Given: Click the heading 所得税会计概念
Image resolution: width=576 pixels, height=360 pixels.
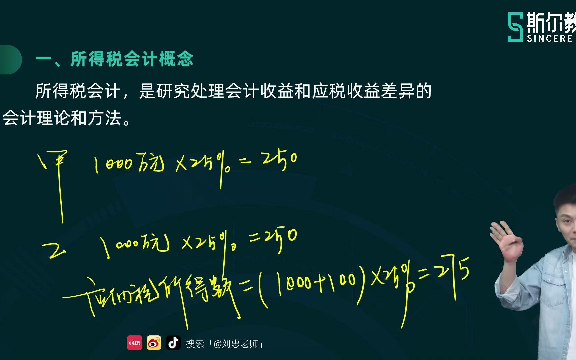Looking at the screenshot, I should coord(132,59).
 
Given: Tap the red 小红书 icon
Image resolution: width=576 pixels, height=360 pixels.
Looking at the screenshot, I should coord(135,343).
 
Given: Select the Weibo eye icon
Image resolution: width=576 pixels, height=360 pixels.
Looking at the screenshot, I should coord(154,343).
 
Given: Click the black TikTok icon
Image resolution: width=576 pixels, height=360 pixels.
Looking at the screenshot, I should coord(173,343).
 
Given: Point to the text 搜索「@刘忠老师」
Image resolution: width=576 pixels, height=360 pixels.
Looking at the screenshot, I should coord(225,344).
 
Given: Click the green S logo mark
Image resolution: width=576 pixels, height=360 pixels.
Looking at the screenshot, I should coord(515,27).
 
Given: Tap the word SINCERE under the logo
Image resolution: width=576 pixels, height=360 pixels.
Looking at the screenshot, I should coord(549,39).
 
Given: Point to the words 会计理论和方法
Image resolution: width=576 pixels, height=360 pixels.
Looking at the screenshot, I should coord(62,118).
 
